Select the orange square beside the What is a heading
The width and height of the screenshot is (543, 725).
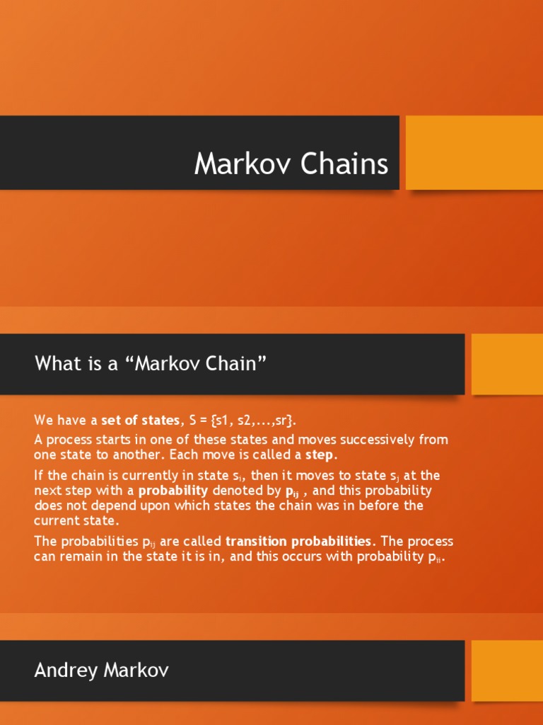pos(507,364)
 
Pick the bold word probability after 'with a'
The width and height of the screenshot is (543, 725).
pos(173,491)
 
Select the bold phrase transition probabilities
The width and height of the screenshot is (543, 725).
pos(298,542)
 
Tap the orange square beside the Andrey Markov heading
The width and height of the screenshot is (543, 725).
pos(507,670)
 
